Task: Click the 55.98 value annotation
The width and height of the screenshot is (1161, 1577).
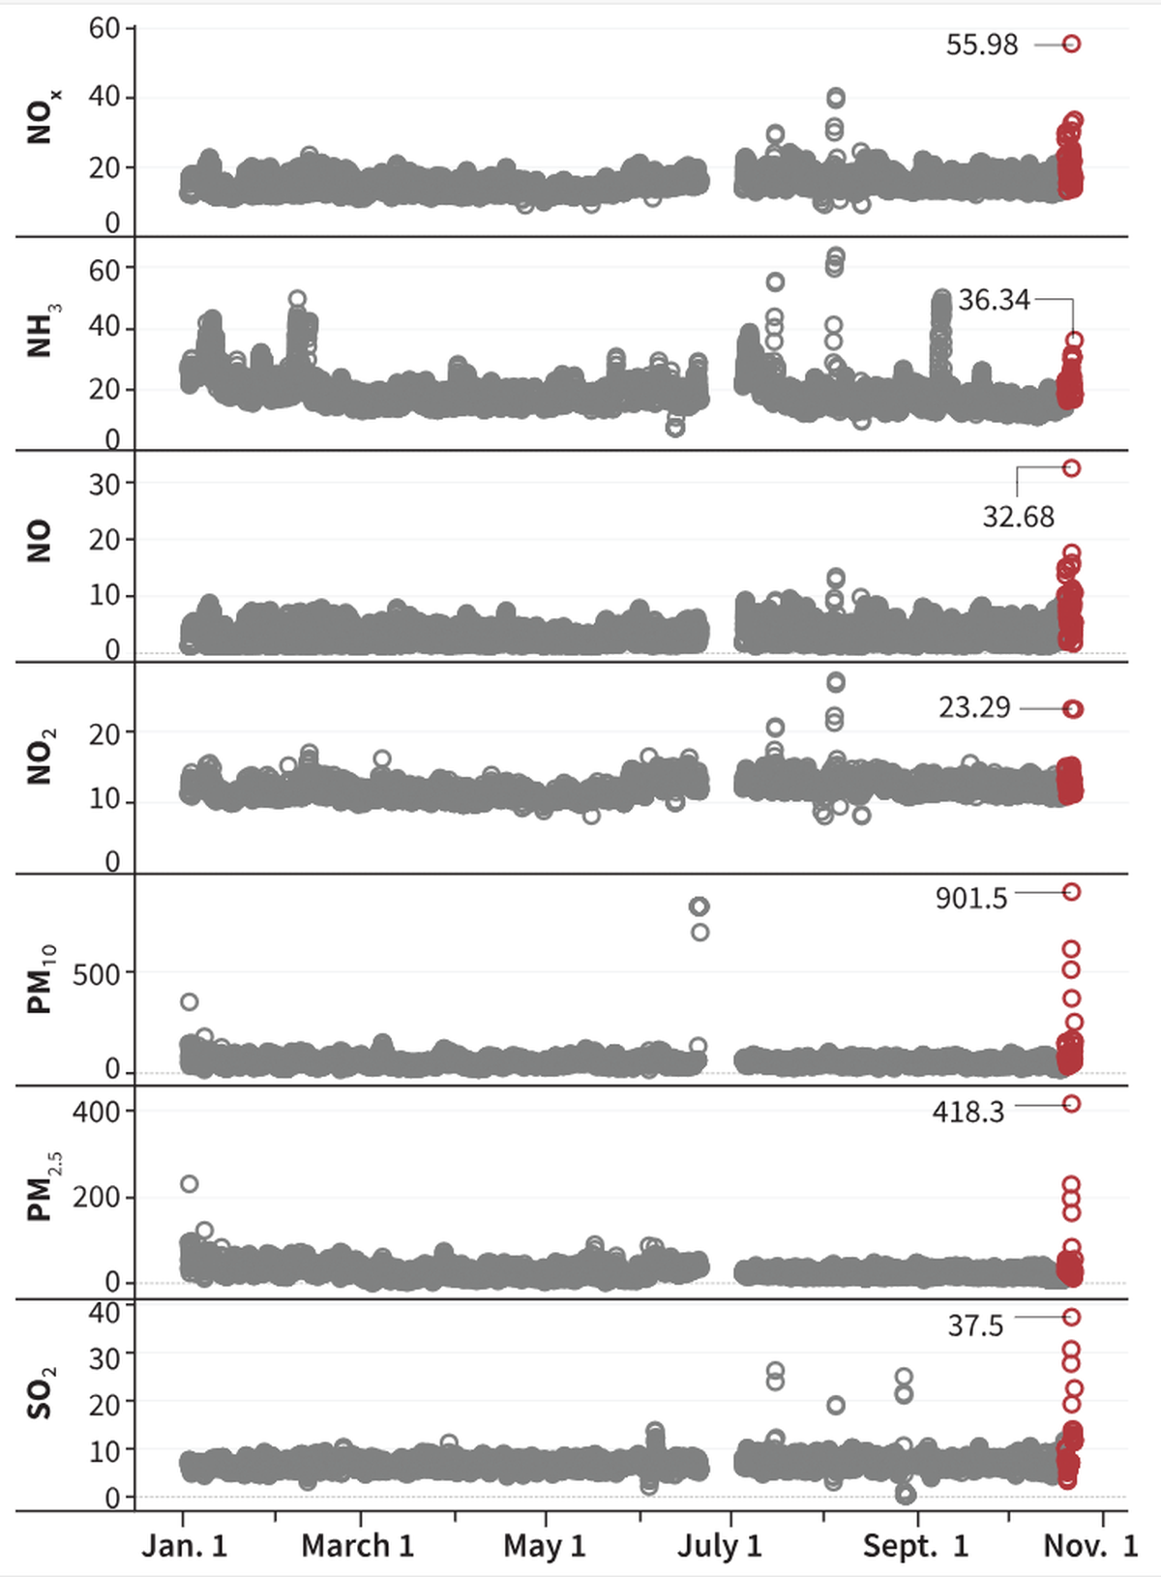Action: coord(982,45)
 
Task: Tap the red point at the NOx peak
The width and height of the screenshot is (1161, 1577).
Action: coord(1071,44)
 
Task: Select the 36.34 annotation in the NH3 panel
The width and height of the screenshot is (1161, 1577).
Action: coord(994,300)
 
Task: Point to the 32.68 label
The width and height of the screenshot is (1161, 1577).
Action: coord(1018,517)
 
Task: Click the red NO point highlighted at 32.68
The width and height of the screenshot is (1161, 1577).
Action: coord(1071,468)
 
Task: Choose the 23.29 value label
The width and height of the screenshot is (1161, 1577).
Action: coord(974,707)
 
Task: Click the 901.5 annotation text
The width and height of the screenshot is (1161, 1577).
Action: coord(970,898)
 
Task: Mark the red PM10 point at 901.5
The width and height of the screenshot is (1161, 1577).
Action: coord(1071,892)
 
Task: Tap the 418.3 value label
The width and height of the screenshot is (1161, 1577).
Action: coord(968,1112)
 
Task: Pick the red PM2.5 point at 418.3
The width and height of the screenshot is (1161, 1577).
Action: coord(1071,1104)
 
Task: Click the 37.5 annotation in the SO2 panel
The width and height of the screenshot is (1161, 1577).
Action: coord(975,1324)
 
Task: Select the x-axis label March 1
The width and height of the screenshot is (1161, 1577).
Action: coord(358,1545)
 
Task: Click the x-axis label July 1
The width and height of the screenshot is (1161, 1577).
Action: coord(720,1545)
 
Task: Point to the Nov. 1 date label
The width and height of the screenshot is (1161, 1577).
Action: coord(1090,1545)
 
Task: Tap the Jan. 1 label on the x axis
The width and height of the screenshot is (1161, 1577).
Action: coord(185,1545)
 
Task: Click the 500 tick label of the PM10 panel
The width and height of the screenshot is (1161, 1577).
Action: coord(97,974)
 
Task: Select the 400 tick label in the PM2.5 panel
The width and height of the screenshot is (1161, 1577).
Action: coord(97,1111)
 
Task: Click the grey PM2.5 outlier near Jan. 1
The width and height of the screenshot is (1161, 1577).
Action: coord(190,1184)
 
